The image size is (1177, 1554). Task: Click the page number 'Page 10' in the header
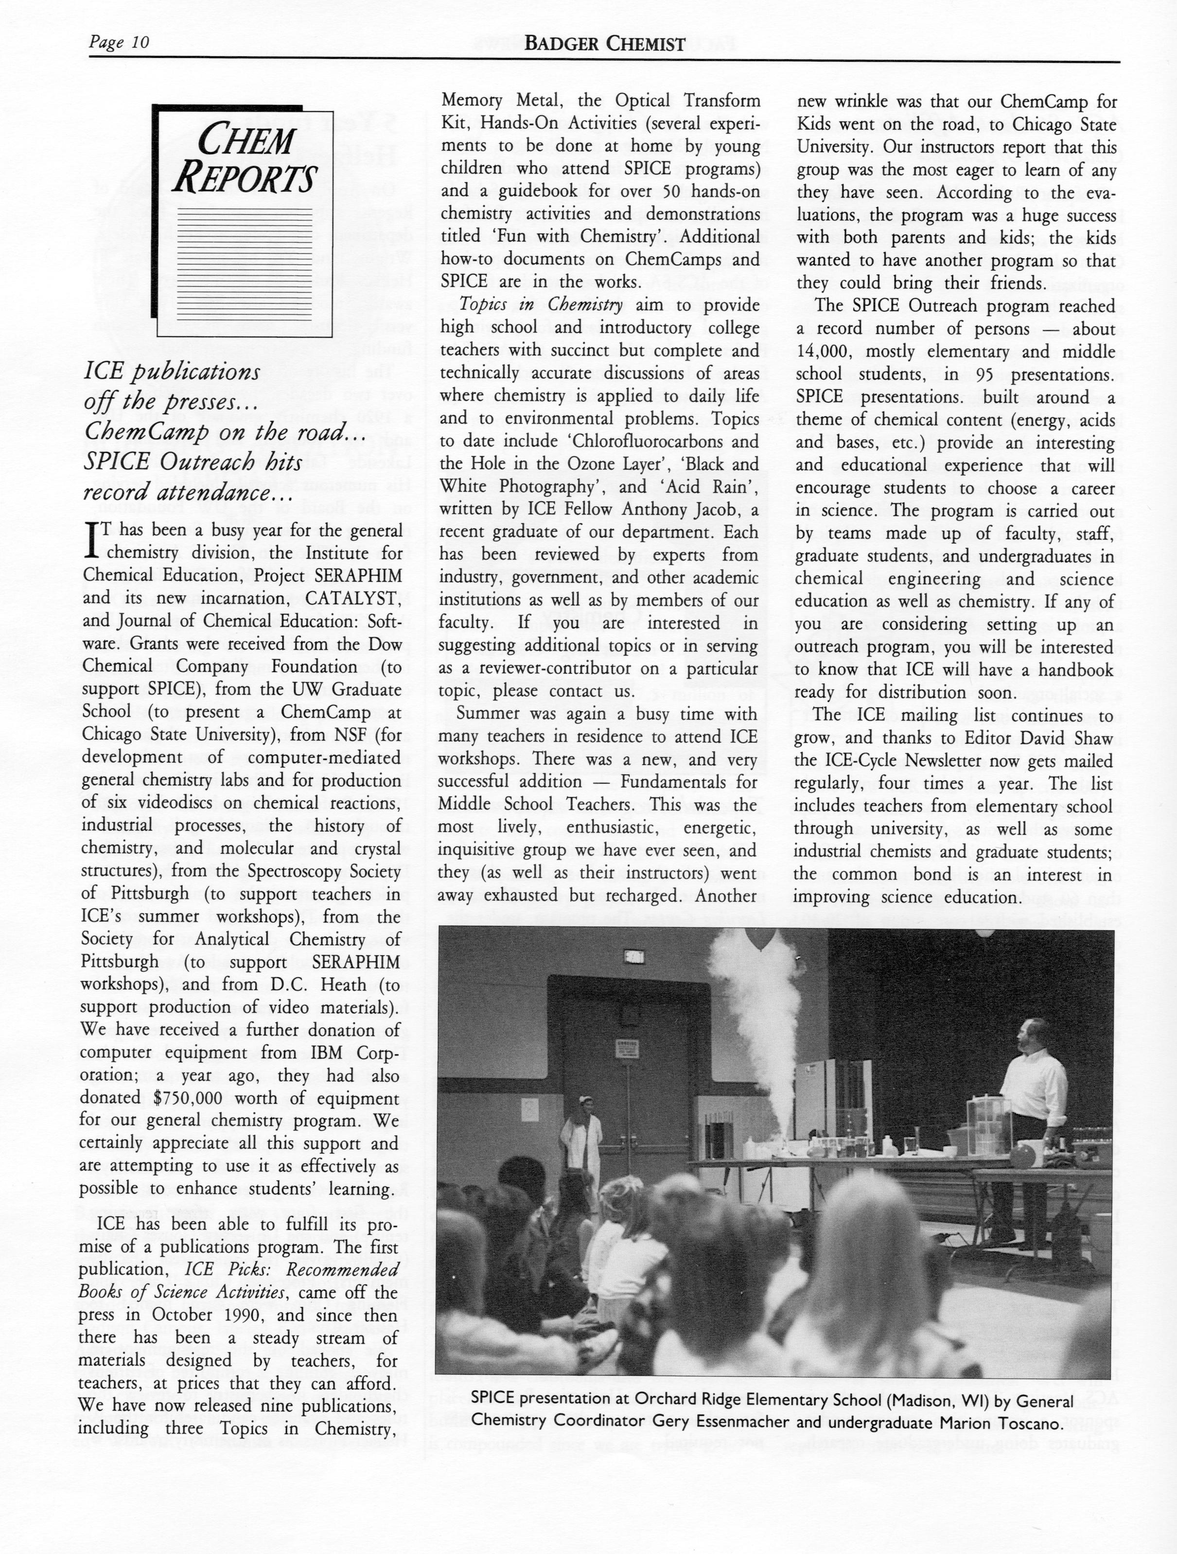point(119,42)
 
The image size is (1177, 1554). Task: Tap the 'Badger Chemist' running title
point(604,44)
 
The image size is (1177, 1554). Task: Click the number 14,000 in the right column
point(824,351)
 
